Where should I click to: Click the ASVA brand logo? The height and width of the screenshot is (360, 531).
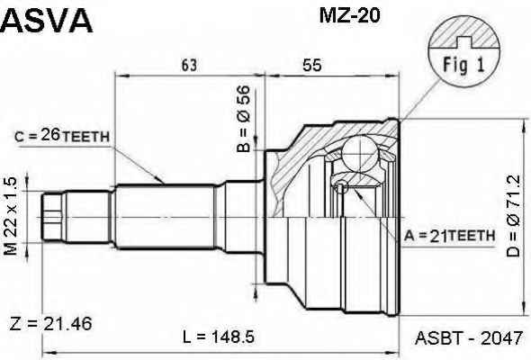coord(47,21)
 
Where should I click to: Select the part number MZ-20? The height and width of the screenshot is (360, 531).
coord(349,15)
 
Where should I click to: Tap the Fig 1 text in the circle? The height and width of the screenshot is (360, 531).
coord(463,65)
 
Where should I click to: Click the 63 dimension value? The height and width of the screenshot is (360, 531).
coord(189,65)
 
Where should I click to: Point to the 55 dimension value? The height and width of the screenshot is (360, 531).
coord(312,65)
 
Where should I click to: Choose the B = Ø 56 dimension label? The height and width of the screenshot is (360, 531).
coord(244,119)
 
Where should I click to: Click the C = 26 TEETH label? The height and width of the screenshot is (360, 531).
coord(62,136)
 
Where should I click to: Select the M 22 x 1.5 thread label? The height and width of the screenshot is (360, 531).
coord(11,216)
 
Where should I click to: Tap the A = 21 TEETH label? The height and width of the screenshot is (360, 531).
coord(449,236)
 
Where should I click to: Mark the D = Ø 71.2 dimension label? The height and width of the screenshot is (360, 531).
coord(513,216)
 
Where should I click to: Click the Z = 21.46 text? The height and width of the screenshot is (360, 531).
coord(50,323)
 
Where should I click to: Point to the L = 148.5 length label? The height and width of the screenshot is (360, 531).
coord(219,337)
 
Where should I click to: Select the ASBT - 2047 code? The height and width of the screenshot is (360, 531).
coord(469,337)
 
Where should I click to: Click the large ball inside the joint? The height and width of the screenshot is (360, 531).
coord(360,153)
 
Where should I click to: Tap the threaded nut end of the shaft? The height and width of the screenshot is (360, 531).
coord(53,217)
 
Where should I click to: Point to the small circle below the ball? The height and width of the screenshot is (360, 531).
coord(340,186)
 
